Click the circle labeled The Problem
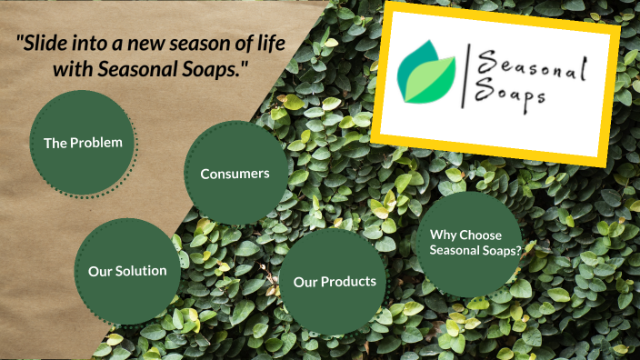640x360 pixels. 83,143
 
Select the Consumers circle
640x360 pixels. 235,173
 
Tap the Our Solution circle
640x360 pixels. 127,271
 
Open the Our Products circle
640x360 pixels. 335,282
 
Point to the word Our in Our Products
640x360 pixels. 305,282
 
